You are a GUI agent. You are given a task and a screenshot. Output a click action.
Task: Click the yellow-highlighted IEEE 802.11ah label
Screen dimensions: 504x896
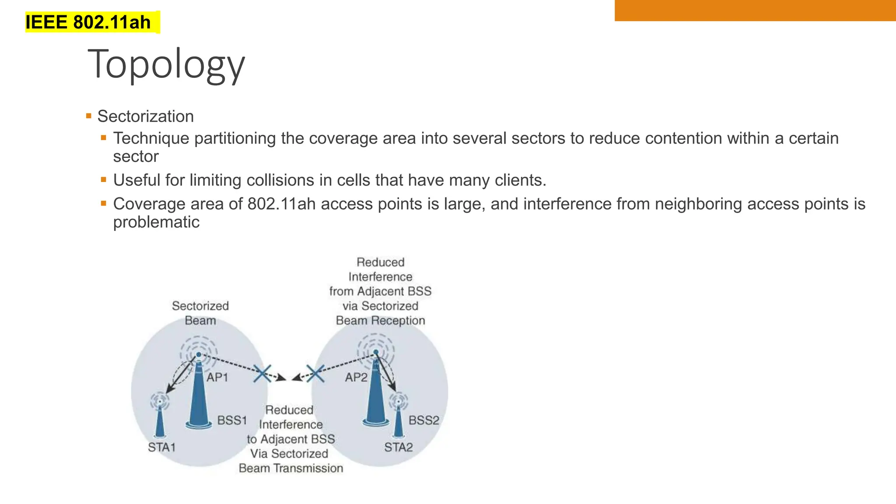pos(88,22)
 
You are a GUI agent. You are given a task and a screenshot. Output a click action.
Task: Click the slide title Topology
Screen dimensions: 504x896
pos(166,64)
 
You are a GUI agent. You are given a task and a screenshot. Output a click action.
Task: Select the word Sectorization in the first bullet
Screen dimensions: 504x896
pos(145,116)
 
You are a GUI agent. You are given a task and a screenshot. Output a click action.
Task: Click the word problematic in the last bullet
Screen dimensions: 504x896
pos(156,222)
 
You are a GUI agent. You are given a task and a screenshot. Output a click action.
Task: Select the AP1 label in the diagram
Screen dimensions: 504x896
pos(217,377)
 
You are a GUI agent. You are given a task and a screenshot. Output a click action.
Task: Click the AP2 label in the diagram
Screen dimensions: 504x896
pos(356,377)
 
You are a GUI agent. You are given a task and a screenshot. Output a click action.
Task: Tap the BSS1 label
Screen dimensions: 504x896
pos(232,420)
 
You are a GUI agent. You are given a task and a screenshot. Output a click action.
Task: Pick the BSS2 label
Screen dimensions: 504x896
pos(423,420)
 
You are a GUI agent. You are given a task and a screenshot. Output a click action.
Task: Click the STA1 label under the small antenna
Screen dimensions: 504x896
pos(161,447)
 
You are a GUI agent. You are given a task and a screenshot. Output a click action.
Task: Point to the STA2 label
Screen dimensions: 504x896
pos(398,447)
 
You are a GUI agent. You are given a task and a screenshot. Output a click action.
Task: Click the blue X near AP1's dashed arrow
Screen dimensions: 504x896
pos(262,373)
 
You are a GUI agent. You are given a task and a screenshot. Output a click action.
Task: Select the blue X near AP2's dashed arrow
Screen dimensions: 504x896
pos(315,373)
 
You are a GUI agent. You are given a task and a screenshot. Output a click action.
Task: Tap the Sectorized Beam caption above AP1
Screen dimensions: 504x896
pos(200,313)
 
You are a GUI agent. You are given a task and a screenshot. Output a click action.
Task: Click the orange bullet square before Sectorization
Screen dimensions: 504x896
pos(89,116)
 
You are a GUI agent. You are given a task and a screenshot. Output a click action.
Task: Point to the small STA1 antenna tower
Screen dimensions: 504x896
pos(160,420)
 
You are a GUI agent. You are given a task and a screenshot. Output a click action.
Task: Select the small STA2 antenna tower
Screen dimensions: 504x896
pos(399,420)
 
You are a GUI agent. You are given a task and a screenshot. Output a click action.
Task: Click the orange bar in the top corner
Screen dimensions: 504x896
pos(755,10)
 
